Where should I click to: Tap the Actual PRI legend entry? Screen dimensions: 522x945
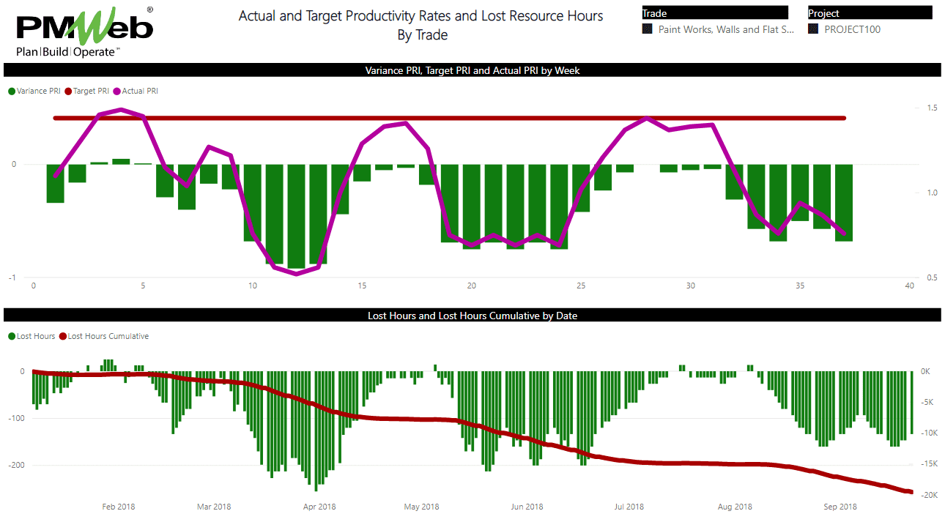[x=139, y=92]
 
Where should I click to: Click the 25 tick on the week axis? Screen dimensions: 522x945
[x=581, y=286]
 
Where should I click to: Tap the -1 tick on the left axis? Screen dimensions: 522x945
[x=12, y=277]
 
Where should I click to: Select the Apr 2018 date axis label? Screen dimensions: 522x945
[x=319, y=507]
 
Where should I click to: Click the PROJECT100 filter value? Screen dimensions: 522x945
[x=852, y=30]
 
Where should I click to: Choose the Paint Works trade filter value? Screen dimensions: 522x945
[x=725, y=30]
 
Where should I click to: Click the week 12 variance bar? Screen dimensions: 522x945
[x=296, y=216]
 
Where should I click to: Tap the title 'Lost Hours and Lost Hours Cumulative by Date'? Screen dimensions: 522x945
[x=472, y=316]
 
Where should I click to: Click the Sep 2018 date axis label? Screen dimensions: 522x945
[x=840, y=507]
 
